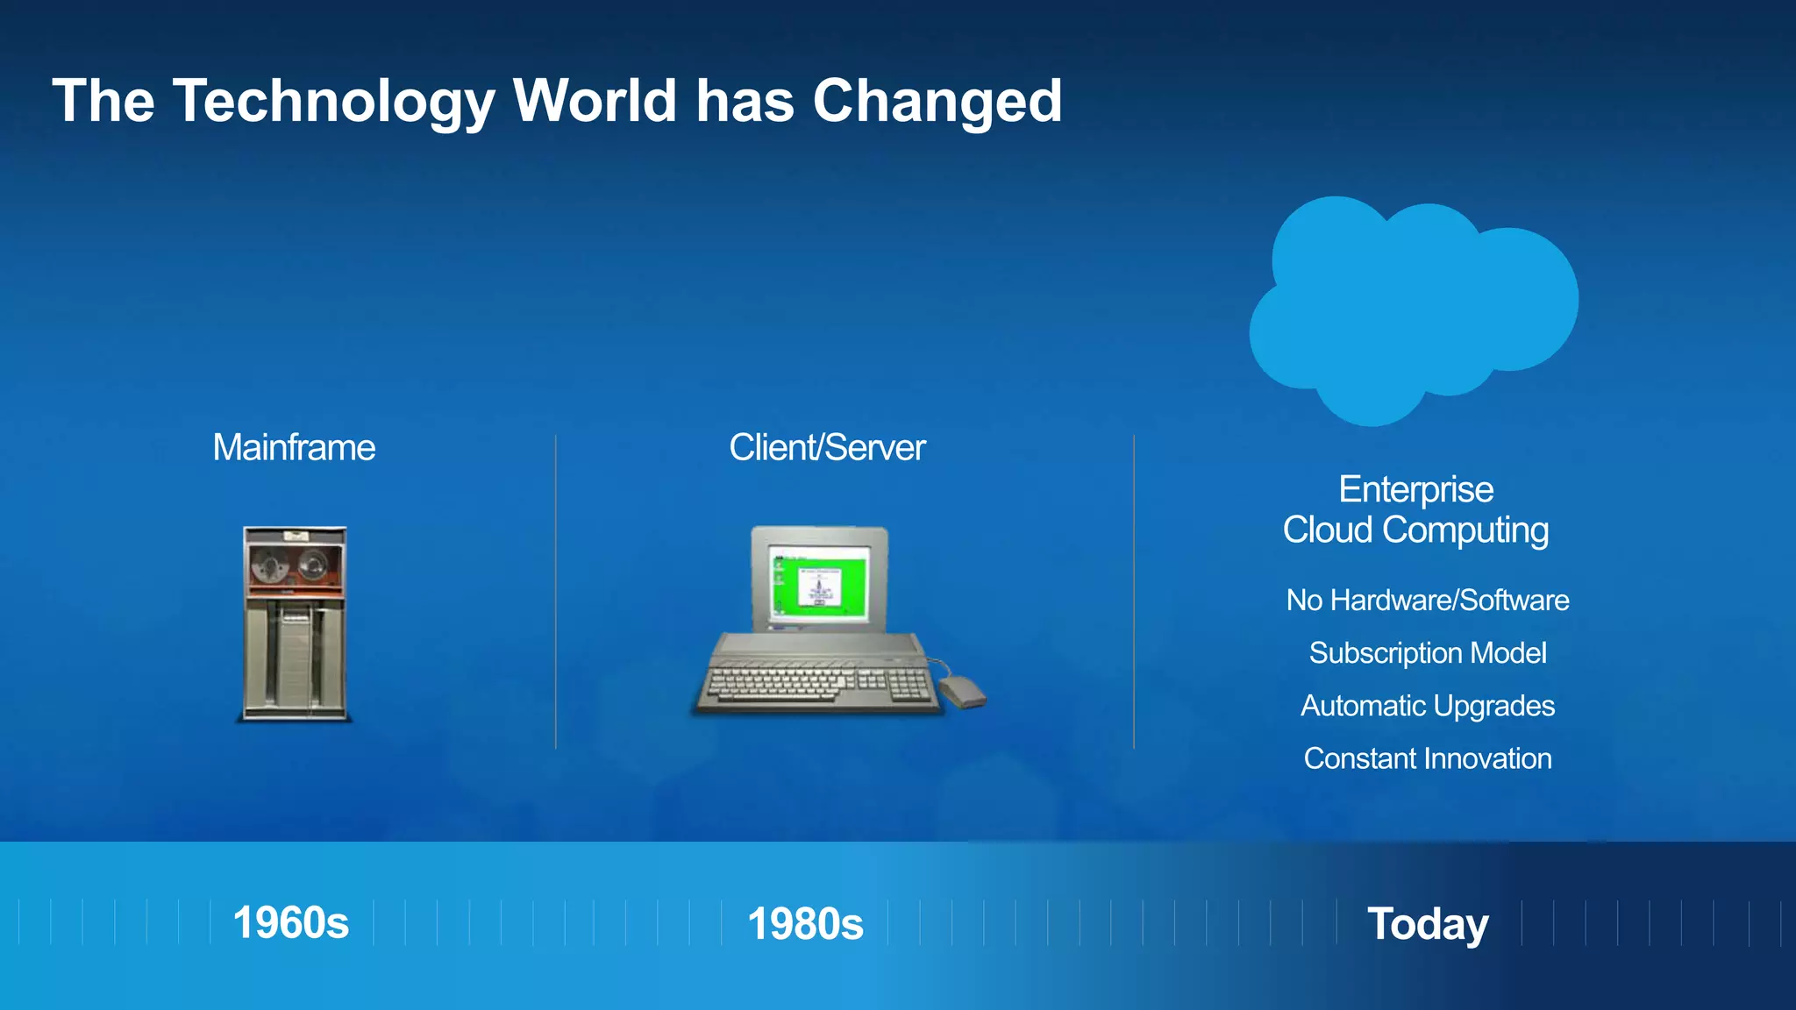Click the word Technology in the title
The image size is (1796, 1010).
pyautogui.click(x=334, y=102)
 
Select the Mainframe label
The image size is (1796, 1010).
pyautogui.click(x=294, y=448)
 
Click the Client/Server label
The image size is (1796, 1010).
pyautogui.click(x=827, y=448)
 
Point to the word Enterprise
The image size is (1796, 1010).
pyautogui.click(x=1415, y=489)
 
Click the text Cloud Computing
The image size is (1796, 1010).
pyautogui.click(x=1415, y=530)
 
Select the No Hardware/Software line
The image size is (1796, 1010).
pyautogui.click(x=1428, y=601)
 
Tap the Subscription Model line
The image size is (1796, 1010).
pyautogui.click(x=1428, y=653)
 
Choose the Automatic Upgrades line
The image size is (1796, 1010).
pyautogui.click(x=1428, y=706)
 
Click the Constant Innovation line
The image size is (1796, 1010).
pyautogui.click(x=1428, y=758)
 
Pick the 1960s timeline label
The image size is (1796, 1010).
pyautogui.click(x=290, y=923)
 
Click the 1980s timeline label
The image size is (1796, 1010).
pyautogui.click(x=805, y=924)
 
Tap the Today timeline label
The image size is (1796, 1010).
pyautogui.click(x=1428, y=924)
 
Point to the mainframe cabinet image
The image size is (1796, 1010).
pyautogui.click(x=295, y=649)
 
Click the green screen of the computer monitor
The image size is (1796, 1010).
pyautogui.click(x=817, y=583)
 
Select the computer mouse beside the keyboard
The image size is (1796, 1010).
pyautogui.click(x=962, y=692)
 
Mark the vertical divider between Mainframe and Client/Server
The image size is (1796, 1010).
pyautogui.click(x=556, y=592)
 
